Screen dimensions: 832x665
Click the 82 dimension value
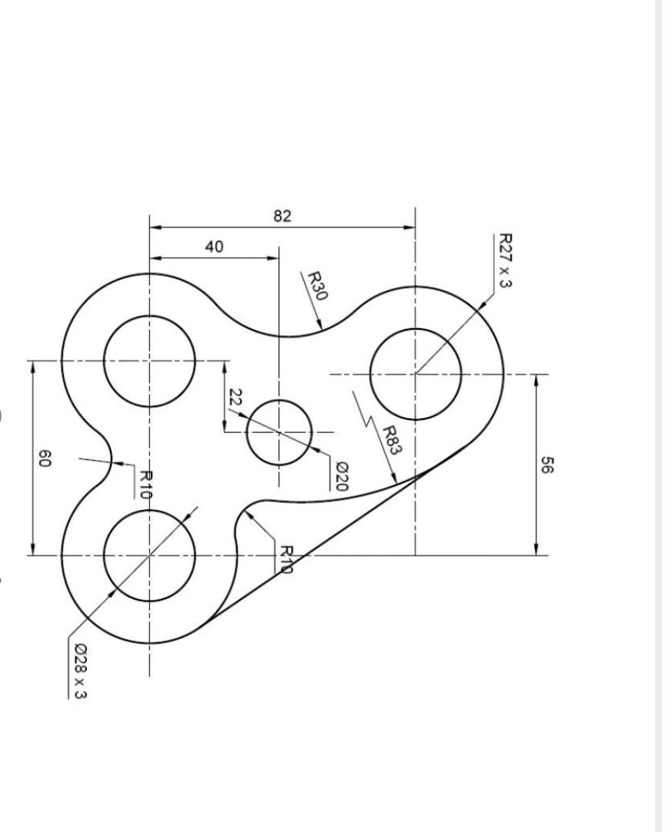point(282,216)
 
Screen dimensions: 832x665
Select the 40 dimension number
point(214,247)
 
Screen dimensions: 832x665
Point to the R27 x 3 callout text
point(505,260)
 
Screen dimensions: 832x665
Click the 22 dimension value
point(236,398)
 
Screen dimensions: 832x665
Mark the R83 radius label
point(392,440)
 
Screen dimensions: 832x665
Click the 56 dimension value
point(546,465)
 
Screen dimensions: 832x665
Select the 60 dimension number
point(45,460)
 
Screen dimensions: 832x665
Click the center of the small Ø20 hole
point(279,432)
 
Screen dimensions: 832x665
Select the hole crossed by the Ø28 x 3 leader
point(149,555)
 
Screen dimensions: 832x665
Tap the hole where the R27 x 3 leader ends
point(416,374)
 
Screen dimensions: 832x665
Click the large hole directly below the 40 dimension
point(149,361)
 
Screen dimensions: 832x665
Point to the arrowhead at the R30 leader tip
point(319,327)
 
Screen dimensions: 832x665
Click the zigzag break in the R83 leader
point(368,421)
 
